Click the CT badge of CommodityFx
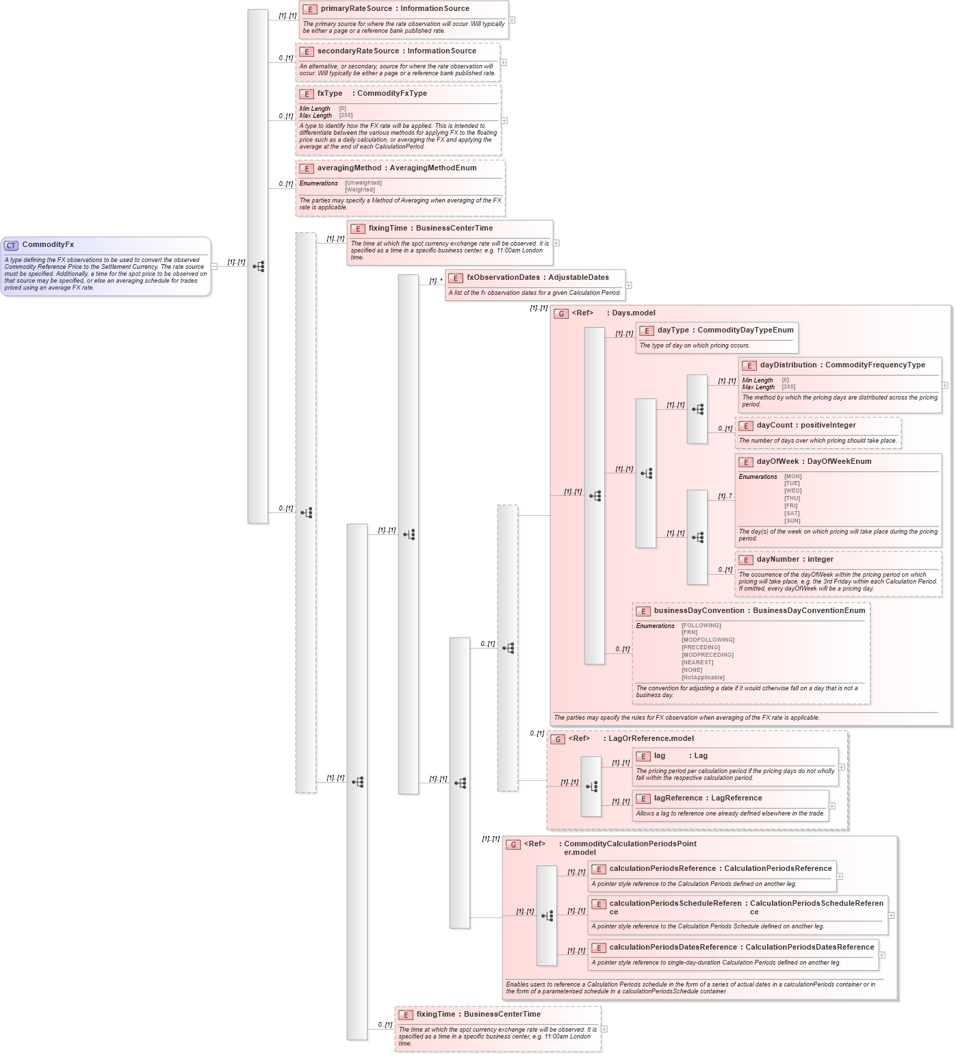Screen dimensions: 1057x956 [11, 246]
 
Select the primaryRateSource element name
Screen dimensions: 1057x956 [356, 9]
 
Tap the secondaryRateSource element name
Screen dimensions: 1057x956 [358, 51]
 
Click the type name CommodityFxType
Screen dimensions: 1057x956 [391, 94]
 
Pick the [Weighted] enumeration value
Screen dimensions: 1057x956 [360, 190]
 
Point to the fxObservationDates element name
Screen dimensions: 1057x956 [503, 278]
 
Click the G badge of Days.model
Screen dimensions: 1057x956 [561, 314]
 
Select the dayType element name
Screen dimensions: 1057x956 [673, 330]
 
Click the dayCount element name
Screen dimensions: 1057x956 [775, 426]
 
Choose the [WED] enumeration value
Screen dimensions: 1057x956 [792, 491]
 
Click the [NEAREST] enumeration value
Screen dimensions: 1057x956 [697, 663]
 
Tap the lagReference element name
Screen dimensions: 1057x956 [677, 798]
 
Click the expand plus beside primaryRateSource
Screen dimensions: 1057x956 [512, 20]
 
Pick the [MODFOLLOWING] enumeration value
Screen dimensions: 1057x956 [708, 640]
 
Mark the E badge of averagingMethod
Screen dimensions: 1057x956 [307, 169]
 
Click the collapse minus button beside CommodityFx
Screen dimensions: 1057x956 [214, 266]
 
